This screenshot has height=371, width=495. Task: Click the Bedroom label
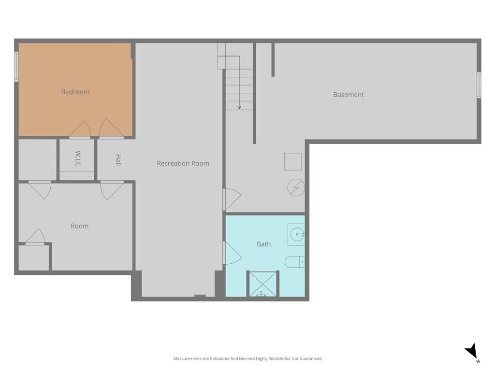pyautogui.click(x=75, y=92)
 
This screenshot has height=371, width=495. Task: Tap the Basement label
pyautogui.click(x=349, y=95)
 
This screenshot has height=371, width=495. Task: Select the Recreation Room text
pyautogui.click(x=183, y=163)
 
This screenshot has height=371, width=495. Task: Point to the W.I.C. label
pyautogui.click(x=78, y=159)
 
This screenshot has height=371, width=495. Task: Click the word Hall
pyautogui.click(x=118, y=160)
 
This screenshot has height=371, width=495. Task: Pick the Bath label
pyautogui.click(x=263, y=244)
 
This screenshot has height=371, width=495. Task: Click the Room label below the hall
pyautogui.click(x=80, y=226)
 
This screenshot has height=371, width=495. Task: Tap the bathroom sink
pyautogui.click(x=296, y=235)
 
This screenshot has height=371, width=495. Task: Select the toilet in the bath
pyautogui.click(x=294, y=262)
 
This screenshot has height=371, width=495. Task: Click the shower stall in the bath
pyautogui.click(x=262, y=284)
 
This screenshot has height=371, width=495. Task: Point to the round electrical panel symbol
pyautogui.click(x=296, y=187)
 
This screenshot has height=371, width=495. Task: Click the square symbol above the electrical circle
pyautogui.click(x=293, y=161)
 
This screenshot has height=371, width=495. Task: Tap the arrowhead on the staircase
pyautogui.click(x=239, y=107)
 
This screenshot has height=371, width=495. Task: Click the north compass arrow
pyautogui.click(x=471, y=351)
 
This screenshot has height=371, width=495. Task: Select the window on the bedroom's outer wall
pyautogui.click(x=16, y=67)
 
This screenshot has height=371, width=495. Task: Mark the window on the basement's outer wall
pyautogui.click(x=479, y=85)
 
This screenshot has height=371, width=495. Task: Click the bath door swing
pyautogui.click(x=233, y=253)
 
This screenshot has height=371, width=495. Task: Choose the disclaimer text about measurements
pyautogui.click(x=247, y=358)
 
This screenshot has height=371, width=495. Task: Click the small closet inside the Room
pyautogui.click(x=34, y=258)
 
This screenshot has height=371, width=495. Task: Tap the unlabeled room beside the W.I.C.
pyautogui.click(x=38, y=160)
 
